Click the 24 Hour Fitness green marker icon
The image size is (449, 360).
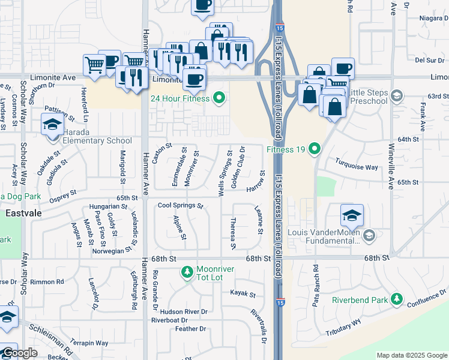(218, 98)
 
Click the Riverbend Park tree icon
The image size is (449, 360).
(396, 299)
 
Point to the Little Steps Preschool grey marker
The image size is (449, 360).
(396, 96)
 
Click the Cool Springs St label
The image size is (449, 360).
(181, 206)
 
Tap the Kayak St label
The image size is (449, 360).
(243, 295)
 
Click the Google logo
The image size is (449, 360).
(20, 353)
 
